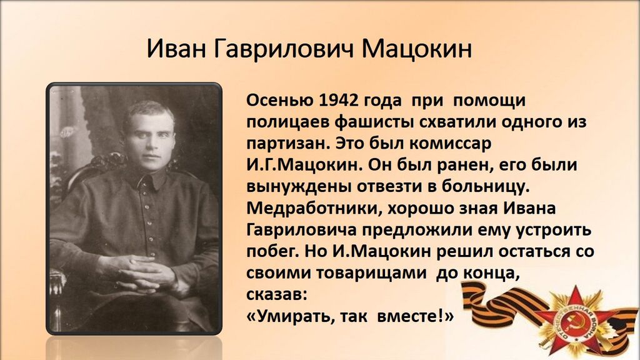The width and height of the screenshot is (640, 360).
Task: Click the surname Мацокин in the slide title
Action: tap(416, 49)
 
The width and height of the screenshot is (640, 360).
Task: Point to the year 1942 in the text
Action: tap(334, 101)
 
